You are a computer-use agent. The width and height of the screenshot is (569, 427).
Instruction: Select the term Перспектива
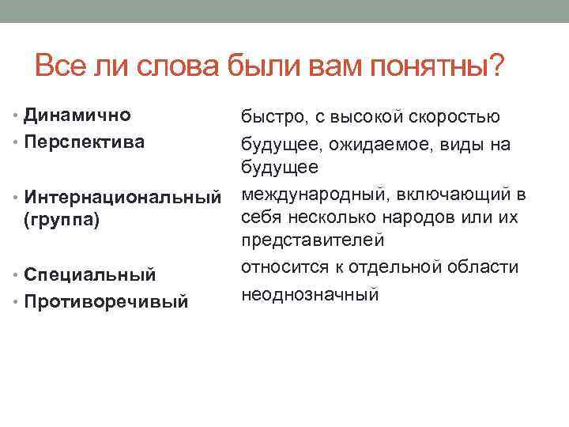pyautogui.click(x=84, y=142)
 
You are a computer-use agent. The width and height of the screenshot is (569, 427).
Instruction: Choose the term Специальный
pyautogui.click(x=89, y=274)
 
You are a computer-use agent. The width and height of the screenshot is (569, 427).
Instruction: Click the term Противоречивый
pyautogui.click(x=106, y=301)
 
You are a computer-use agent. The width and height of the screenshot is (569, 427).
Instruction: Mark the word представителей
pyautogui.click(x=312, y=240)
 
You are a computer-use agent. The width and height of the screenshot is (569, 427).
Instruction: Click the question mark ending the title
pyautogui.click(x=496, y=64)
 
